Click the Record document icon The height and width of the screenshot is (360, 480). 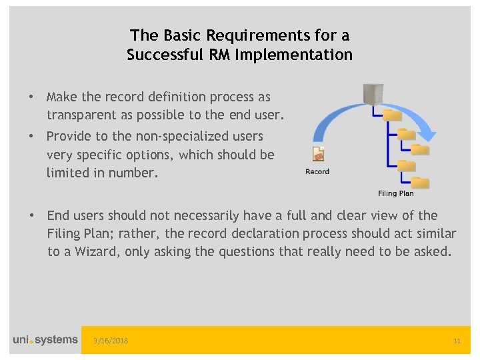pyautogui.click(x=318, y=154)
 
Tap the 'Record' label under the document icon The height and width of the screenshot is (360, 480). pyautogui.click(x=317, y=172)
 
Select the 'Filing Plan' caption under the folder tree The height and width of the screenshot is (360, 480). pyautogui.click(x=396, y=193)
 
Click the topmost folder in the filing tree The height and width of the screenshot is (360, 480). pyautogui.click(x=393, y=115)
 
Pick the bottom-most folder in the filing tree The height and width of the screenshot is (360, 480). pyautogui.click(x=420, y=181)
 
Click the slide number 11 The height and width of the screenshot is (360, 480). pyautogui.click(x=457, y=341)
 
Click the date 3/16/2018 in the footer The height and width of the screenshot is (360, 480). pyautogui.click(x=111, y=341)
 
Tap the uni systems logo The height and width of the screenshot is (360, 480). pyautogui.click(x=45, y=340)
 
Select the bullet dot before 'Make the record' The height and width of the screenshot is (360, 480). pyautogui.click(x=31, y=97)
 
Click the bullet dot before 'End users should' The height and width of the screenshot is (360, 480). pyautogui.click(x=31, y=215)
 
